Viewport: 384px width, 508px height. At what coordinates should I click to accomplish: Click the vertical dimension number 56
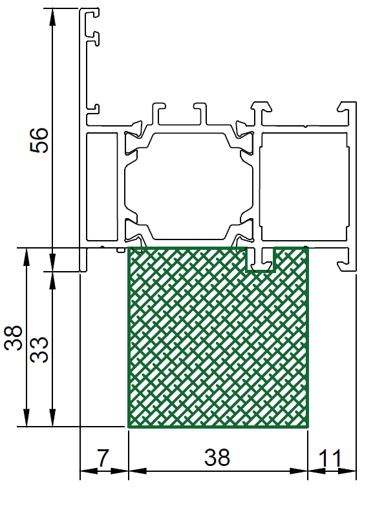pyautogui.click(x=39, y=140)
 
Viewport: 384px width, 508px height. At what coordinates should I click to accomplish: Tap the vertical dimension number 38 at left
pyautogui.click(x=13, y=338)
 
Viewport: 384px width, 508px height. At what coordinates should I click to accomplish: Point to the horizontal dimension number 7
pyautogui.click(x=103, y=458)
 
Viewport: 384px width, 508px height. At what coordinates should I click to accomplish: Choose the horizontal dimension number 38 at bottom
pyautogui.click(x=217, y=458)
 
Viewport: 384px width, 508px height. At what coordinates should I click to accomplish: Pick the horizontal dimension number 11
pyautogui.click(x=330, y=458)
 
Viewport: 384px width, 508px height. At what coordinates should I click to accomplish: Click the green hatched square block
pyautogui.click(x=218, y=337)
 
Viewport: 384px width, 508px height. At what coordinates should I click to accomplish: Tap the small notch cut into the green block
pyautogui.click(x=261, y=259)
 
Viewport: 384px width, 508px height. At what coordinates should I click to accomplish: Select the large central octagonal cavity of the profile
pyautogui.click(x=189, y=186)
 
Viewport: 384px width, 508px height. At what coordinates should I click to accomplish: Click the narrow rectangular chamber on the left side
pyautogui.click(x=102, y=187)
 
